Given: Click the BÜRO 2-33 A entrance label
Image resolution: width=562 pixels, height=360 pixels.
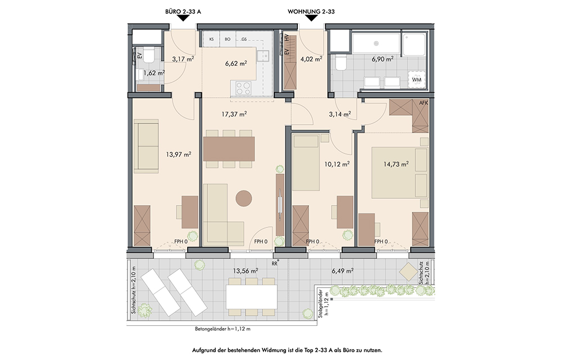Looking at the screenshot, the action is (x=183, y=11).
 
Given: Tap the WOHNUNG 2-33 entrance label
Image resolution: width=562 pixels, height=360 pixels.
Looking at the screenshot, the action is (x=311, y=11).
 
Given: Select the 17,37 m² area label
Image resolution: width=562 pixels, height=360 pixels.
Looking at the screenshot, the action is (x=234, y=114).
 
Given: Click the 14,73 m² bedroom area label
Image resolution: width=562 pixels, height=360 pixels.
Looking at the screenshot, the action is (x=396, y=164).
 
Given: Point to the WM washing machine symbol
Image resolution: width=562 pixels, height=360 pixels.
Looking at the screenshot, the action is (x=416, y=79).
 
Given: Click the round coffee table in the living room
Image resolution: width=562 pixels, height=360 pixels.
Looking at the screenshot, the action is (x=244, y=198).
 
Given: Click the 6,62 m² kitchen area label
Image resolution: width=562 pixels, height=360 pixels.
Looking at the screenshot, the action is (x=236, y=63).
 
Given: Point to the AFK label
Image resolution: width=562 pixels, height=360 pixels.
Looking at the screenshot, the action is (x=424, y=103).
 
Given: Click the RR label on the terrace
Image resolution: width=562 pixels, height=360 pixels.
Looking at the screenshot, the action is (x=275, y=263).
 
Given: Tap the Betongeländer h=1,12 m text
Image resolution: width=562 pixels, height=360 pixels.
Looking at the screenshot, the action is (x=223, y=329).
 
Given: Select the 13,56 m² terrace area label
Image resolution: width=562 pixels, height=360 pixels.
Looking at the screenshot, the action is (x=246, y=271).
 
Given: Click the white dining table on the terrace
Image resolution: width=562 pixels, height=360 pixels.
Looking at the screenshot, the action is (x=251, y=297).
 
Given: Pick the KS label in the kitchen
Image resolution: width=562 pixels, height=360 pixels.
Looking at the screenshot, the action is (x=211, y=39).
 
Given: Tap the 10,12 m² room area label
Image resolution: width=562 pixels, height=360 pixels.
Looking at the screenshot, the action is (x=337, y=164).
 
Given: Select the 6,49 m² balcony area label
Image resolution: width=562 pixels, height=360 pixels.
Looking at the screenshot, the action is (x=343, y=271).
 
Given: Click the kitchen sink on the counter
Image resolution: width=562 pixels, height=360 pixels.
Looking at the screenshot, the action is (x=264, y=56).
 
